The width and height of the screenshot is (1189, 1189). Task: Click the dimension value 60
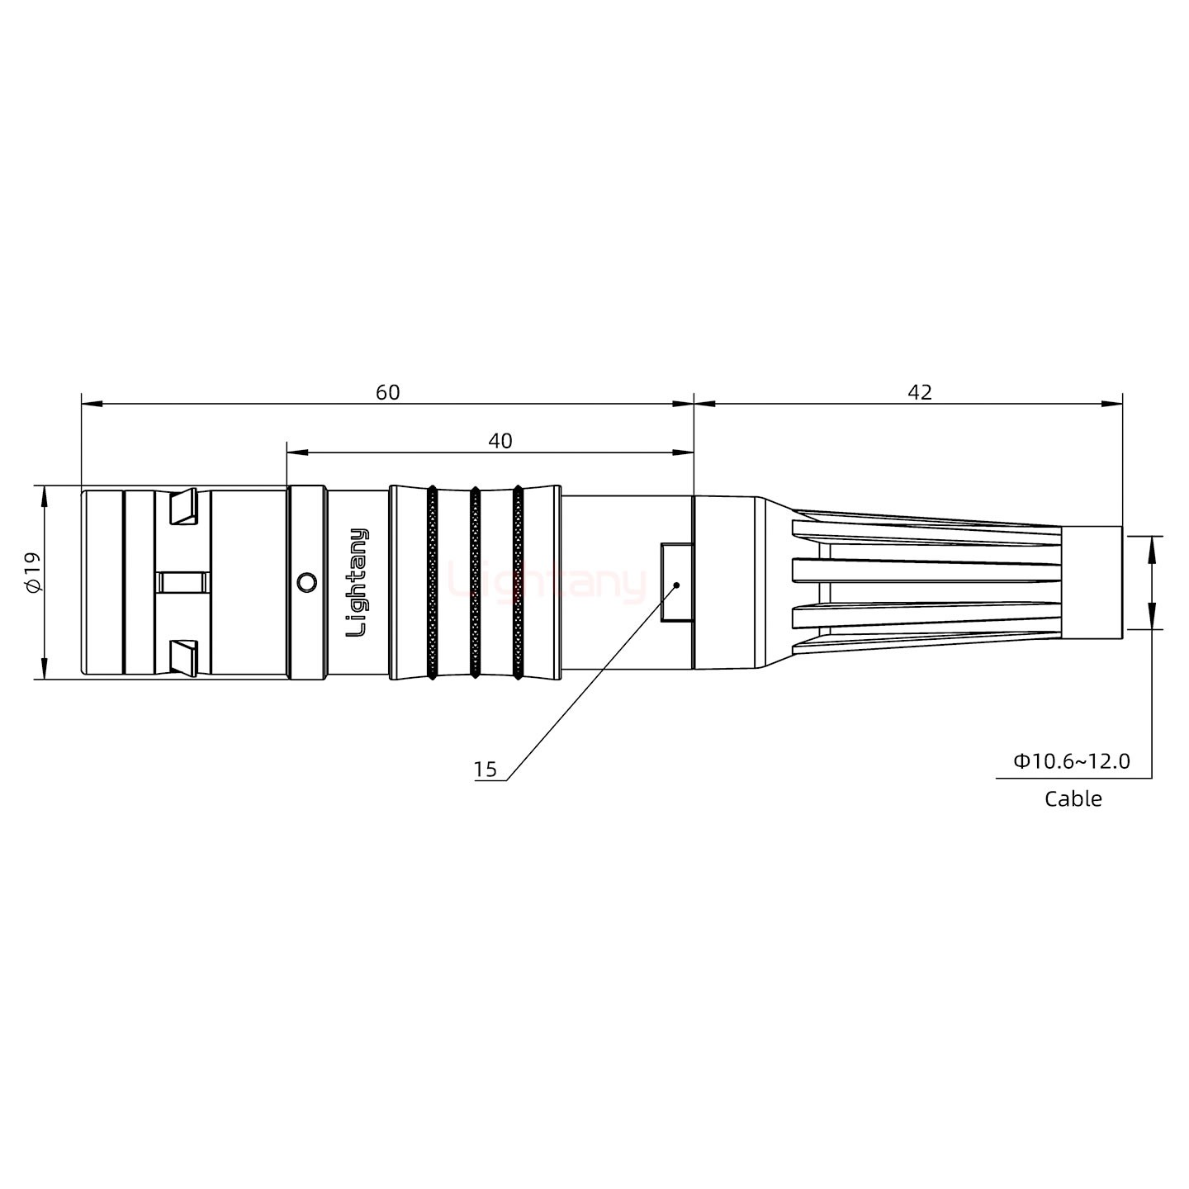coord(387,392)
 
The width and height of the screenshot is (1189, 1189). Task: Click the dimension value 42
coord(919,392)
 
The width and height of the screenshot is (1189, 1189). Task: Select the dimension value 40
coord(500,441)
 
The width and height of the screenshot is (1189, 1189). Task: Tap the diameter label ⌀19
coord(32,572)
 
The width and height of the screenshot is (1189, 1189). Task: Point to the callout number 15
coord(486,770)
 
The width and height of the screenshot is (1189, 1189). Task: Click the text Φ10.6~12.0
coord(1071,760)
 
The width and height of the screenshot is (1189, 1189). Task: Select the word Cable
coord(1073,798)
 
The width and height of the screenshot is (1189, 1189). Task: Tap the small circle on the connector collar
coord(306,582)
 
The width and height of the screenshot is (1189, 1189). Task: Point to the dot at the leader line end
coord(676,585)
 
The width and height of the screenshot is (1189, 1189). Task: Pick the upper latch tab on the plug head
coord(182,507)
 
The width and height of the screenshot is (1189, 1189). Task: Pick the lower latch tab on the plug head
coord(182,656)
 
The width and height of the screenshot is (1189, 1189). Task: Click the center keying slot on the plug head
coord(182,582)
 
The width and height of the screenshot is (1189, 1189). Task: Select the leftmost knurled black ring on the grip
coord(432,582)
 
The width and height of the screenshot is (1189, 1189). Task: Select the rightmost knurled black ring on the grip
coord(518,582)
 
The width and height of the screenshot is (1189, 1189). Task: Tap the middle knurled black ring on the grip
coord(475,582)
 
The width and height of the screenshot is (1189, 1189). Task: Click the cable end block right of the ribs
coord(1091,582)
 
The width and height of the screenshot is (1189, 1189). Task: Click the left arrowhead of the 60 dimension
coord(90,404)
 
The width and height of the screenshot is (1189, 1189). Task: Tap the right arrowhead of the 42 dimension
coord(1114,404)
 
